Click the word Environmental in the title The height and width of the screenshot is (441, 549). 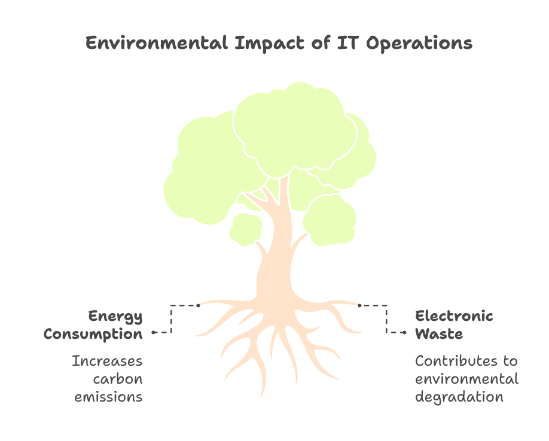click(x=157, y=43)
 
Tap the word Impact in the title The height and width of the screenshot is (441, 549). click(x=270, y=44)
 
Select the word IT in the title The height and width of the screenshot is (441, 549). click(x=348, y=42)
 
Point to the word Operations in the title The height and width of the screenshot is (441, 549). click(x=419, y=44)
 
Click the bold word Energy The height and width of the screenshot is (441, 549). click(x=115, y=317)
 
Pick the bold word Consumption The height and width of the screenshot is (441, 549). click(x=93, y=334)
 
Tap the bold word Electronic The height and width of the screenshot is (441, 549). click(x=454, y=316)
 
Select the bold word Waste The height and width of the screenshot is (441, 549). click(x=439, y=333)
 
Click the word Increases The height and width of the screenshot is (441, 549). click(x=107, y=361)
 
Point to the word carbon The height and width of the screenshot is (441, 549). click(x=118, y=379)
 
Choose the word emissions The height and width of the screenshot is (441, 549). click(x=108, y=397)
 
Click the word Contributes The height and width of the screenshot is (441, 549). click(x=456, y=361)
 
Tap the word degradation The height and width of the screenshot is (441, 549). click(x=459, y=397)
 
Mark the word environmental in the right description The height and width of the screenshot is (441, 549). click(x=466, y=379)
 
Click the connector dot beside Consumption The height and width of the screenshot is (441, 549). click(x=153, y=332)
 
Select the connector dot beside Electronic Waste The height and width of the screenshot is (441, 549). click(x=405, y=332)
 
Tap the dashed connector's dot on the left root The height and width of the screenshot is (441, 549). click(x=198, y=305)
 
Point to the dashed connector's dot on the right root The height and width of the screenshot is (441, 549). click(x=359, y=305)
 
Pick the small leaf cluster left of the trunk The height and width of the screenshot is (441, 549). click(x=246, y=229)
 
